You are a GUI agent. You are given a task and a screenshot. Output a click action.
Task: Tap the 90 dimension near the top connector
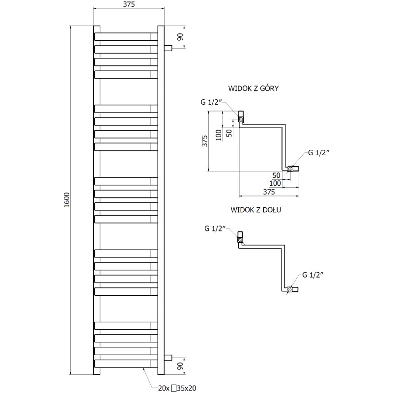tap(180, 37)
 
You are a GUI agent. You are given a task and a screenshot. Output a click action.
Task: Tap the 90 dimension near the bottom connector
tap(180, 365)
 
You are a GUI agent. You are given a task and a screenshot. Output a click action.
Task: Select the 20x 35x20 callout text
tap(177, 388)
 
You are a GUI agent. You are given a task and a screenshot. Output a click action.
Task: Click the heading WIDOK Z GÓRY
tap(254, 88)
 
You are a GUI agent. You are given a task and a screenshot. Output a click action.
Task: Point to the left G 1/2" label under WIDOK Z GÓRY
tap(212, 102)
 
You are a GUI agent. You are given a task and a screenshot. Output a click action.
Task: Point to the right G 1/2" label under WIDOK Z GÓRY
tap(319, 152)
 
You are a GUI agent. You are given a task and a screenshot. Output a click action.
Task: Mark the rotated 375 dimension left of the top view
tap(205, 140)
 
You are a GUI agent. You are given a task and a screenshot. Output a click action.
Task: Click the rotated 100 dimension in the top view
tap(219, 134)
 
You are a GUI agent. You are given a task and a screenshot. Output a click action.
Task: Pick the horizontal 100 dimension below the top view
tap(275, 183)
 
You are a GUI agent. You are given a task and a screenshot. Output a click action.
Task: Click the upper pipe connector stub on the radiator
tap(168, 48)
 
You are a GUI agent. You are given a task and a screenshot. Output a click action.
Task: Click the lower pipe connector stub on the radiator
tap(168, 357)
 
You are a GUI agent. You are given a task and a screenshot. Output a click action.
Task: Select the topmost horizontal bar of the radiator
tap(125, 36)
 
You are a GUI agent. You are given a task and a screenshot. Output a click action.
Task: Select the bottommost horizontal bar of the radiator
tap(125, 364)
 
